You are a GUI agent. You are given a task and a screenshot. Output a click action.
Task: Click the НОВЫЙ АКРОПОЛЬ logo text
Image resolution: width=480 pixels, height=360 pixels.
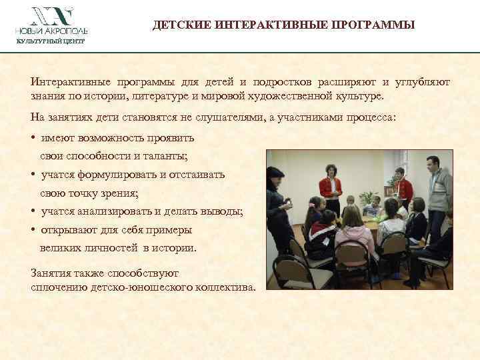click(52, 31)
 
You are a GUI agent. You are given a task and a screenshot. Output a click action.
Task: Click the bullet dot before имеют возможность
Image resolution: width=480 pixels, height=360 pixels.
click(33, 139)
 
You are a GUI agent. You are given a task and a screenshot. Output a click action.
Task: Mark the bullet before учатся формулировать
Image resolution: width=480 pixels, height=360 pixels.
click(33, 175)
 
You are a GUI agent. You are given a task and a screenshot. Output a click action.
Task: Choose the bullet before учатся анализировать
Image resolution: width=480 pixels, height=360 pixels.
click(33, 212)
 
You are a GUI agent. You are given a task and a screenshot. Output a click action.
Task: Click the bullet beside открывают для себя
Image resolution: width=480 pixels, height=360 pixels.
click(33, 230)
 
